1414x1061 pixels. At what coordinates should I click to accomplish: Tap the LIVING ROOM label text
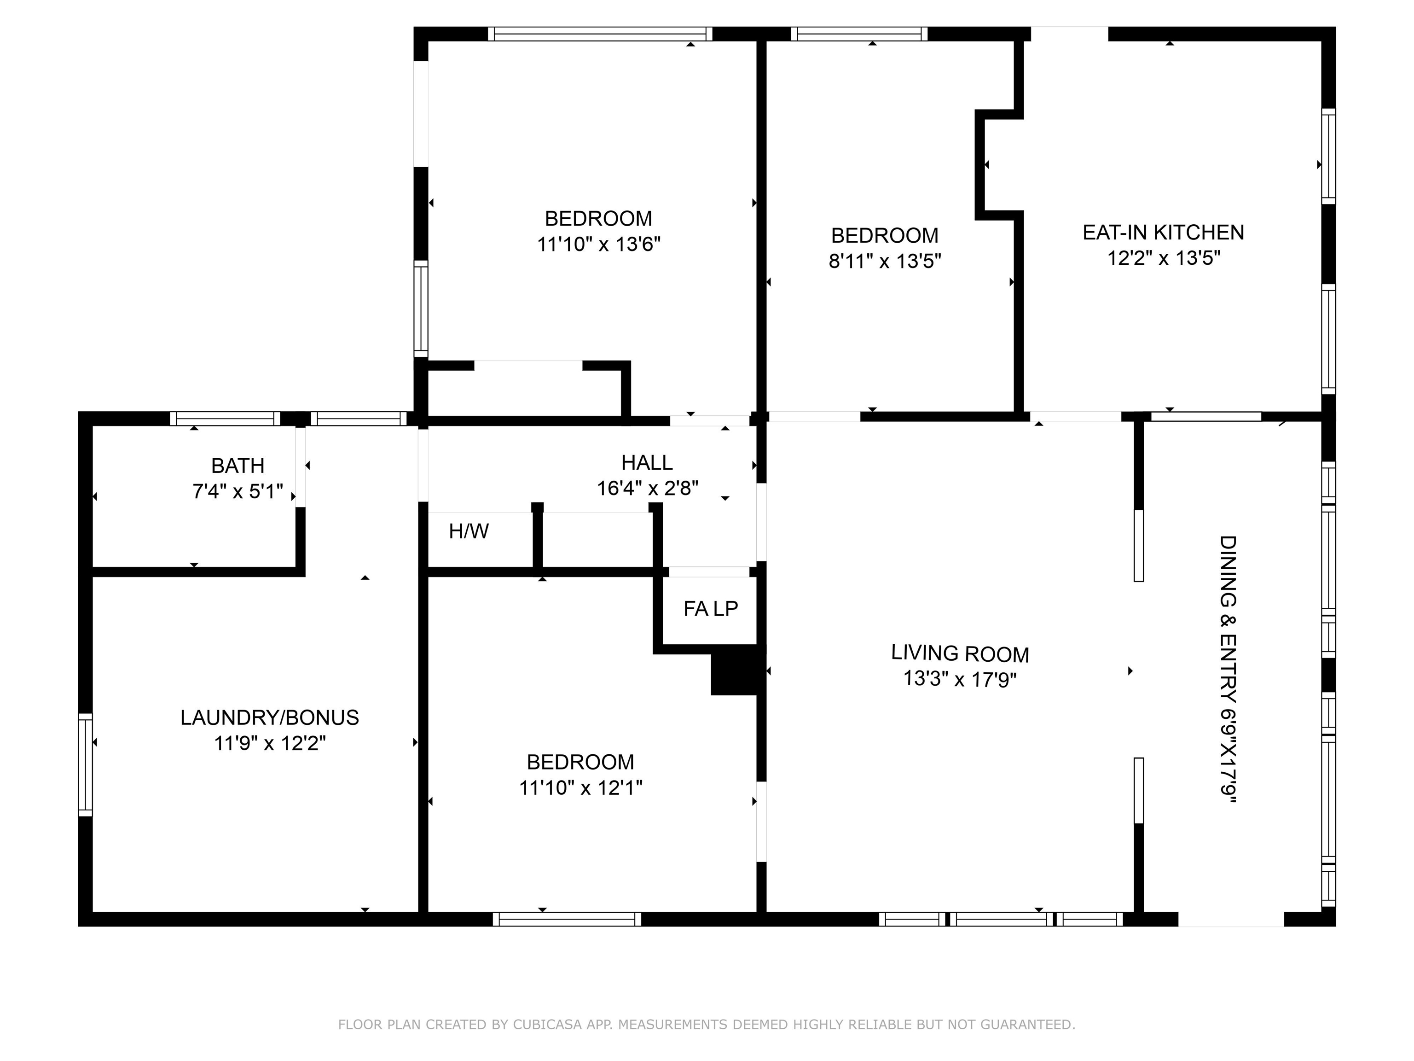pyautogui.click(x=960, y=653)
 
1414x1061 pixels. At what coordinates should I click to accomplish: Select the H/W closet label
pyautogui.click(x=469, y=531)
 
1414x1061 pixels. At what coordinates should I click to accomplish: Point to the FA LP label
pyautogui.click(x=710, y=608)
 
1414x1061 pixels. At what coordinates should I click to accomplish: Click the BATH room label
pyautogui.click(x=238, y=466)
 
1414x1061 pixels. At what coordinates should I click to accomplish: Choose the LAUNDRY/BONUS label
pyautogui.click(x=270, y=717)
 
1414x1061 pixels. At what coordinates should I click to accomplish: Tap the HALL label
pyautogui.click(x=647, y=462)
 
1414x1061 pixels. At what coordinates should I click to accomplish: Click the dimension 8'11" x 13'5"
pyautogui.click(x=885, y=261)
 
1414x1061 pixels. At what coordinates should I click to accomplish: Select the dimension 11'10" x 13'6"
pyautogui.click(x=598, y=245)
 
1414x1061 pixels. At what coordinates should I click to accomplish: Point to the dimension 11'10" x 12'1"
pyautogui.click(x=580, y=787)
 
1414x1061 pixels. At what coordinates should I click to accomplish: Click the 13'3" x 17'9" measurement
pyautogui.click(x=960, y=679)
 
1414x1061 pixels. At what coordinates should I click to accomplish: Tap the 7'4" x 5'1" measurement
pyautogui.click(x=238, y=491)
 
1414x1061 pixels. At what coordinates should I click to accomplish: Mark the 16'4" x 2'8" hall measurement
pyautogui.click(x=648, y=489)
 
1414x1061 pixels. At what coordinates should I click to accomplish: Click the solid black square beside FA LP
pyautogui.click(x=735, y=673)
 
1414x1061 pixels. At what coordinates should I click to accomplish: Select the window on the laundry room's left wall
pyautogui.click(x=86, y=764)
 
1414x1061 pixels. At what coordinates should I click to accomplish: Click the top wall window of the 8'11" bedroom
pyautogui.click(x=859, y=34)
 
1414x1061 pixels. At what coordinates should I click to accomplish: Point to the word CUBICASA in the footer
pyautogui.click(x=547, y=1025)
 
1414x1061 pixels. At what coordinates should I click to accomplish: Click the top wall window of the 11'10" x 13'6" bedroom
pyautogui.click(x=600, y=34)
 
